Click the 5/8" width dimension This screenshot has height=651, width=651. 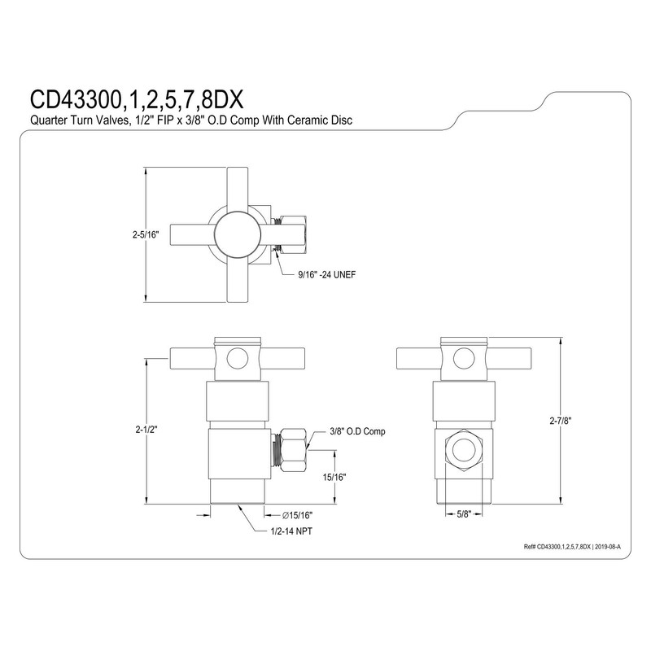click(x=465, y=514)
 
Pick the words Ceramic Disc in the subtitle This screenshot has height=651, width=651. click(x=330, y=120)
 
